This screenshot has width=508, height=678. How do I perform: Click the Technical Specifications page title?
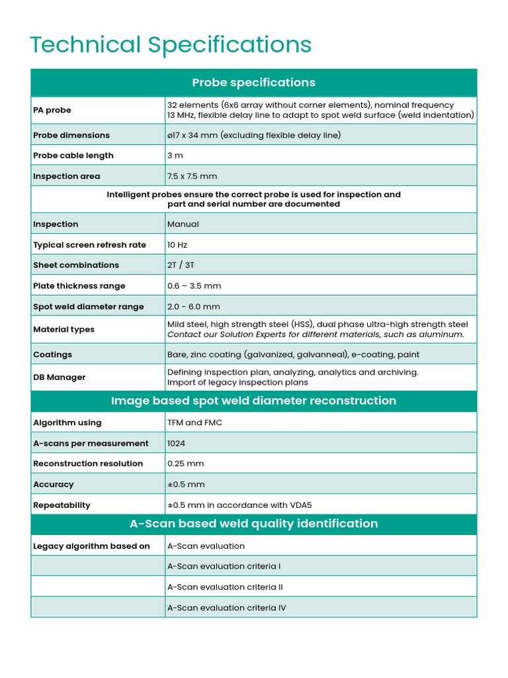point(171,45)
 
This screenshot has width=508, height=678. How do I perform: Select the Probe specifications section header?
point(253,83)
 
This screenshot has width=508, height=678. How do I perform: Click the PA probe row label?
point(52,110)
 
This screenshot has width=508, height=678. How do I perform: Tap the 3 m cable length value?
point(175,156)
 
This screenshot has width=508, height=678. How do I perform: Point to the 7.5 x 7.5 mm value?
point(192,176)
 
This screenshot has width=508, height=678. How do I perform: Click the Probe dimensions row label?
point(71,135)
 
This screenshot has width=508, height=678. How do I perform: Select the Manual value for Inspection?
point(183,224)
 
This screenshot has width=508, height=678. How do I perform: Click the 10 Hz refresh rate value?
point(177,245)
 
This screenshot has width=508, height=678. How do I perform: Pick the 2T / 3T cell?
point(181,266)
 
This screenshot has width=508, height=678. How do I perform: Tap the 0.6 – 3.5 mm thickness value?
point(194,286)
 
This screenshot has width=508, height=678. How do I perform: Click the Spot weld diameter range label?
point(89,307)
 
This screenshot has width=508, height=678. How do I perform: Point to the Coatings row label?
point(53,355)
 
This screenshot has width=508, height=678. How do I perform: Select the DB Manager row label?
point(60,377)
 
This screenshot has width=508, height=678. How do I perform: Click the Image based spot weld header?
point(253,401)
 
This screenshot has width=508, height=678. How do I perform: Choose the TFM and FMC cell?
point(195,423)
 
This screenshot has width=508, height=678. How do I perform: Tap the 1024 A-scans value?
point(177,444)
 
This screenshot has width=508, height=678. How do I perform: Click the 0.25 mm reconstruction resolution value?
point(186,464)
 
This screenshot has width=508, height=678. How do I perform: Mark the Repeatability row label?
point(62,505)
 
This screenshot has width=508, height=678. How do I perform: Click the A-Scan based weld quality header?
point(253,524)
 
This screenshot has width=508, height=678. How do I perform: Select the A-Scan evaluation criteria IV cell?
point(227,608)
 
